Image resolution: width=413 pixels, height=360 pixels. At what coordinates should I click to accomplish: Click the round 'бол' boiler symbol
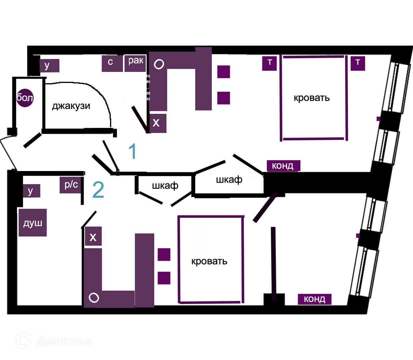pos(25,98)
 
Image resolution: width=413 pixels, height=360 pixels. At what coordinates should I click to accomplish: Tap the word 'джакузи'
pos(71,106)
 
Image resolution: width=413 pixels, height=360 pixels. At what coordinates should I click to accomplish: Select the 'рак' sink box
pos(136,63)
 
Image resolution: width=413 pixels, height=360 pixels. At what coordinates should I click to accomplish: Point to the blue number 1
pos(133,151)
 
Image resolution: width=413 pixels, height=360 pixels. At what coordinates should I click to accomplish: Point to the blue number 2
pos(98,190)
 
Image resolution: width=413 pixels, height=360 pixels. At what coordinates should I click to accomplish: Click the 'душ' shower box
pos(33,223)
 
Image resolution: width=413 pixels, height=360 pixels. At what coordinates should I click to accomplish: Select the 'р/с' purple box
pos(71,185)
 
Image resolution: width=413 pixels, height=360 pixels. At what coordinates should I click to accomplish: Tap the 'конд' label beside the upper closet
pos(283,166)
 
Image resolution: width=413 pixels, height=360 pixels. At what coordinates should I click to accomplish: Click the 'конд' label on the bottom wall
pos(314,299)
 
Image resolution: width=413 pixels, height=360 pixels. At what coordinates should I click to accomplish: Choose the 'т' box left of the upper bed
pos(269,63)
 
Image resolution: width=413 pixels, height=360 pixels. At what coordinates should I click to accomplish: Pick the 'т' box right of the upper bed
pos(358,63)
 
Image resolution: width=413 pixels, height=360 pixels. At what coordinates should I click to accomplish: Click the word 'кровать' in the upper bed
pos(312,98)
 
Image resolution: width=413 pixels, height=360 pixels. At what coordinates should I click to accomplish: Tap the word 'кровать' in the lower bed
pos(209,261)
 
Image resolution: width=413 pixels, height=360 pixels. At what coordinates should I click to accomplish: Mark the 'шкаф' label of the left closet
pos(165,185)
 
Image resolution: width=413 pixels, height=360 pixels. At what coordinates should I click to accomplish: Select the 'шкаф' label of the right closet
pos(229,180)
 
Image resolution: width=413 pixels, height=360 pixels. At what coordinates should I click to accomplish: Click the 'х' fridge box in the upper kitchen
pos(157,123)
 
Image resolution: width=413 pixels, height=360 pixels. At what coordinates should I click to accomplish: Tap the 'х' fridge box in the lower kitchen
pos(93,237)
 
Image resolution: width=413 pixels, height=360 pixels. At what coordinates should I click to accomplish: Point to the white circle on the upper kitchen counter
pos(159,64)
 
